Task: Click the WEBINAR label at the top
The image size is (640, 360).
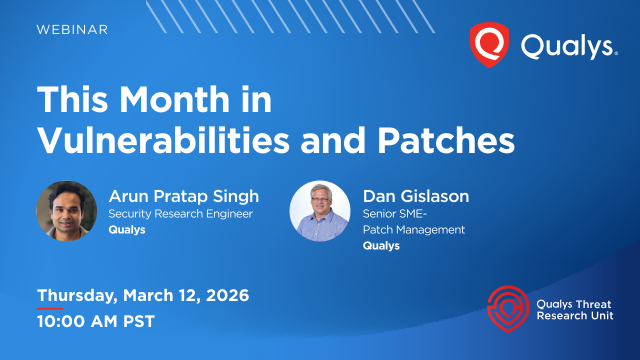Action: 72,30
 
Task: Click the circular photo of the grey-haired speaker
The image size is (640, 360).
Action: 319,210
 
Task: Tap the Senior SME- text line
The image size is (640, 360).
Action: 392,214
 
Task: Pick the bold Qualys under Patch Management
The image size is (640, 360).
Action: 378,246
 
